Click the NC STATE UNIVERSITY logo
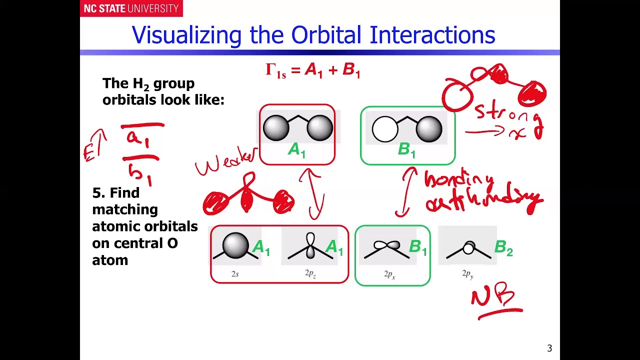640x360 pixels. coord(131,8)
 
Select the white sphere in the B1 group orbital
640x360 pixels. coord(385,129)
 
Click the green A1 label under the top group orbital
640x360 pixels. coord(296,150)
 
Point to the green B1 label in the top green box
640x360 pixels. coord(406,150)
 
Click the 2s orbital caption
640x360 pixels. coord(235,274)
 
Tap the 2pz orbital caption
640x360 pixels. coord(310,274)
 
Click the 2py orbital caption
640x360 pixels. coord(467,274)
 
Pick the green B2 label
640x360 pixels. coord(503,248)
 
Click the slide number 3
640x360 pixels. coord(549,348)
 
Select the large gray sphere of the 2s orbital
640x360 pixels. coord(235,245)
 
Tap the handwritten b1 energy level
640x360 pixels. coord(140,172)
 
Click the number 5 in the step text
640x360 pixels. coord(96,193)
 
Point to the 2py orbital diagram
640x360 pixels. coord(468,248)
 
